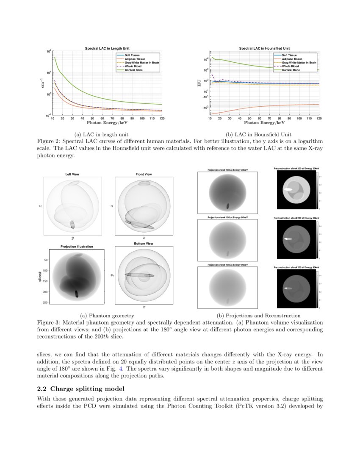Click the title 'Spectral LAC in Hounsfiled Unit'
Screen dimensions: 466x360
[264, 48]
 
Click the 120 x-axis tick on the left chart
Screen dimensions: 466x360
[162, 119]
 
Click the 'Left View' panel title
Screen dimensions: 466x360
[72, 174]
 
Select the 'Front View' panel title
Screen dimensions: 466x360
[144, 174]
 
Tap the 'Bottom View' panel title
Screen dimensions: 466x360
[144, 244]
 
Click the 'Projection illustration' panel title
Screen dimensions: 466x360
[77, 246]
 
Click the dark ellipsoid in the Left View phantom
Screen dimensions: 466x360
[72, 225]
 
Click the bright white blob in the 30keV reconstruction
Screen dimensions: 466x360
[288, 189]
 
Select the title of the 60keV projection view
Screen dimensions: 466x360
[227, 217]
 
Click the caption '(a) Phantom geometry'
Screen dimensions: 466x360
[107, 315]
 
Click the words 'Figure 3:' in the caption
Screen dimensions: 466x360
[50, 322]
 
